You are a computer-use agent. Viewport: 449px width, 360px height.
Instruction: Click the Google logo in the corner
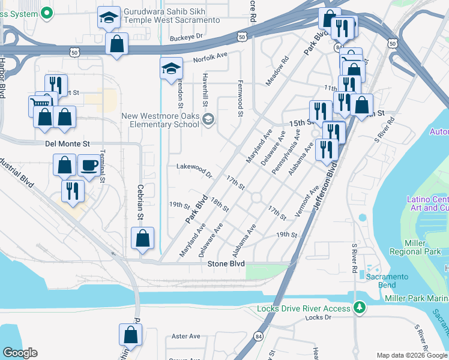click(x=20, y=353)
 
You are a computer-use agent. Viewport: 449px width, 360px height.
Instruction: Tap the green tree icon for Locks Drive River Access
click(x=360, y=307)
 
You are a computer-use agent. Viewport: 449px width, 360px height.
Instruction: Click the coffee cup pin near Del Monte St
click(x=89, y=165)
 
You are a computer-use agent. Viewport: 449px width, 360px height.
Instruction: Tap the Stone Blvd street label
click(x=226, y=264)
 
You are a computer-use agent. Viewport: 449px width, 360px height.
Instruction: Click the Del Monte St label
click(x=67, y=144)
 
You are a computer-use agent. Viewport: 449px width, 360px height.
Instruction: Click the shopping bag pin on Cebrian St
click(x=143, y=238)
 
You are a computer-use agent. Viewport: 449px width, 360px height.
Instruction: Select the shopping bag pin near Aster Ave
click(x=130, y=335)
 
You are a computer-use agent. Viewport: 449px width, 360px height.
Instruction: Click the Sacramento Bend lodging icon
click(x=362, y=274)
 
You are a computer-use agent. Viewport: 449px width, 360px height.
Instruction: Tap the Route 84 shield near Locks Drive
click(x=258, y=337)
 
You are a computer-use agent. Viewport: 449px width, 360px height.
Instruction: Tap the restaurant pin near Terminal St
click(x=73, y=191)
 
